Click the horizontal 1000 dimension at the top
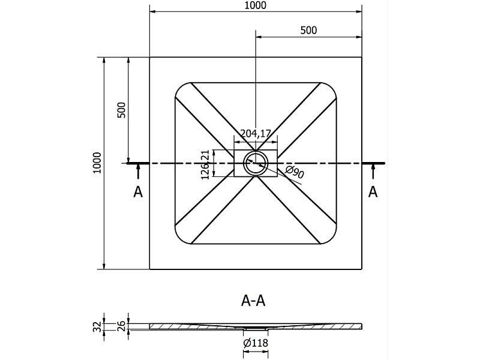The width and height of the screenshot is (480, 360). [x=256, y=5]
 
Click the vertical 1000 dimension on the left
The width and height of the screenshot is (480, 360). [x=97, y=163]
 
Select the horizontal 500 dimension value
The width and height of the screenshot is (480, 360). [x=308, y=31]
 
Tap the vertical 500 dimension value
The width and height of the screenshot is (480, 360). [x=122, y=110]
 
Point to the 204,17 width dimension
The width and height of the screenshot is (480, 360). [x=256, y=133]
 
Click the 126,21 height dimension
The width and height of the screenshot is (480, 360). [x=205, y=164]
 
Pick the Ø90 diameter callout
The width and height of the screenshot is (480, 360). [x=295, y=172]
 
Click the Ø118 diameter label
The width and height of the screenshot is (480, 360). [x=256, y=343]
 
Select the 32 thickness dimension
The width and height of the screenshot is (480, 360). [x=97, y=326]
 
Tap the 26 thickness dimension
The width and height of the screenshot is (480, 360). [x=122, y=326]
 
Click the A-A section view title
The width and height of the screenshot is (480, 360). [x=253, y=301]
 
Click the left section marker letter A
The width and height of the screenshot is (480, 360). [x=138, y=192]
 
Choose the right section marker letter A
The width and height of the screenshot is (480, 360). [x=373, y=191]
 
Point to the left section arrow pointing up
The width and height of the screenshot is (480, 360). [x=138, y=172]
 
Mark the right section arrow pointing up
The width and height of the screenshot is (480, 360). [x=373, y=172]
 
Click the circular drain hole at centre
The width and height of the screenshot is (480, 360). [x=256, y=163]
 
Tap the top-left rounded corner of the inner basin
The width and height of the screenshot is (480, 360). [x=180, y=87]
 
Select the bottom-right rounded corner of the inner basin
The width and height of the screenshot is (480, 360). [x=332, y=239]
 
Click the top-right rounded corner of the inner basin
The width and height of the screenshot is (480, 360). [x=332, y=87]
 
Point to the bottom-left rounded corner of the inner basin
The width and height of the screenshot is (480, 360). [x=180, y=239]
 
